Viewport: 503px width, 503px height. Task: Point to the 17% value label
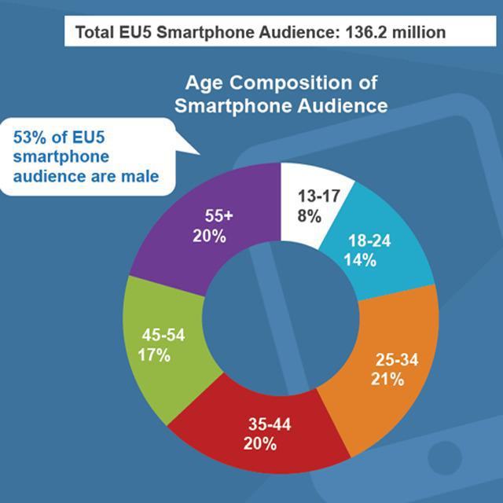153,354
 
